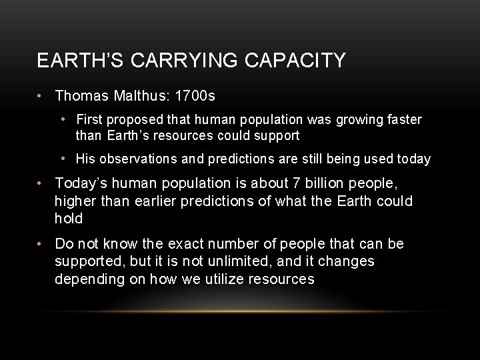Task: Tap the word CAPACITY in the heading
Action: coord(295,61)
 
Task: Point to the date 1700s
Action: coord(195,97)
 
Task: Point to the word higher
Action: coord(75,201)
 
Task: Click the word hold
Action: coord(69,219)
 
